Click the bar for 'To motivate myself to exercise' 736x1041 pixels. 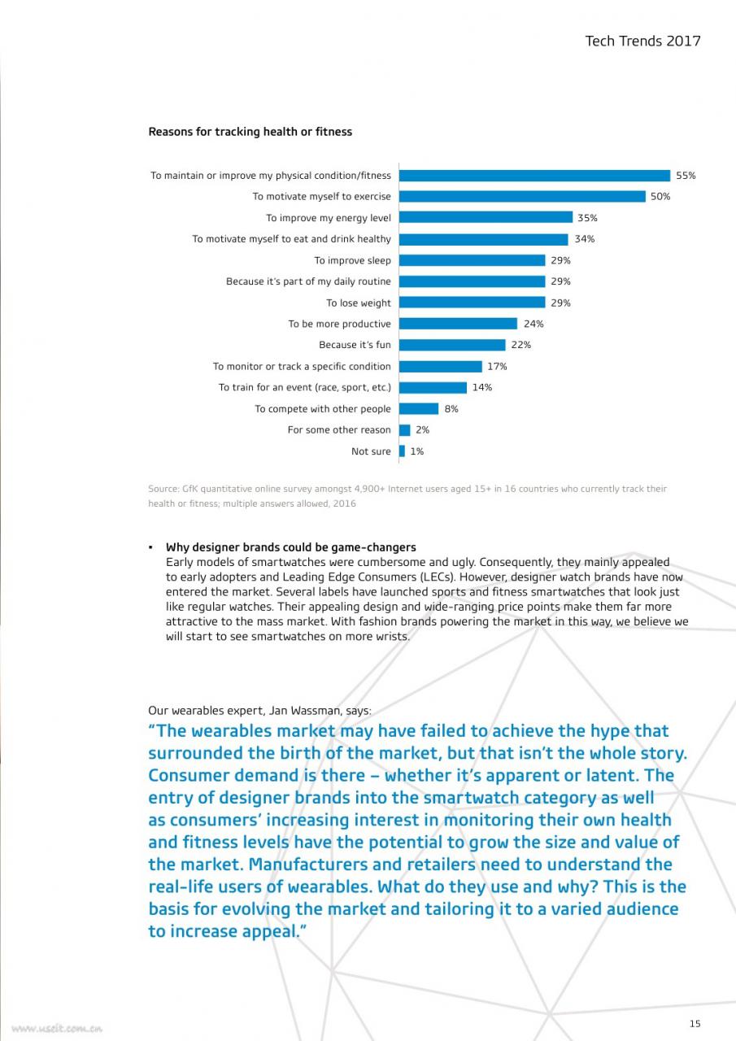point(522,197)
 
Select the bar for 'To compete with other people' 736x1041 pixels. point(419,408)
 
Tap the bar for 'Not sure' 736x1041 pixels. point(402,451)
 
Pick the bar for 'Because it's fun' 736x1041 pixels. point(452,345)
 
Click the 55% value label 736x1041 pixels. point(686,176)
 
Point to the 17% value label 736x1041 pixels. point(497,366)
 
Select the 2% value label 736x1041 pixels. point(422,430)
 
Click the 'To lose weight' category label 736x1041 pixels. point(359,303)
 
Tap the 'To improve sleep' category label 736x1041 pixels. point(353,260)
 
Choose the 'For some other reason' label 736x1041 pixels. point(339,430)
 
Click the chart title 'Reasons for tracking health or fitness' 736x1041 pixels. point(250,132)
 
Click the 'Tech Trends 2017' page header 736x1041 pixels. point(642,41)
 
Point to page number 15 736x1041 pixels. point(695,1024)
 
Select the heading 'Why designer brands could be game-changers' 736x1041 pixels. point(291,547)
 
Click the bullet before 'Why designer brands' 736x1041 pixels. point(150,548)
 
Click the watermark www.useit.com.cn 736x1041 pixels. point(57,1029)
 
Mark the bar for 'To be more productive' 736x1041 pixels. point(458,324)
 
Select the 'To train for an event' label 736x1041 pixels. point(305,388)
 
